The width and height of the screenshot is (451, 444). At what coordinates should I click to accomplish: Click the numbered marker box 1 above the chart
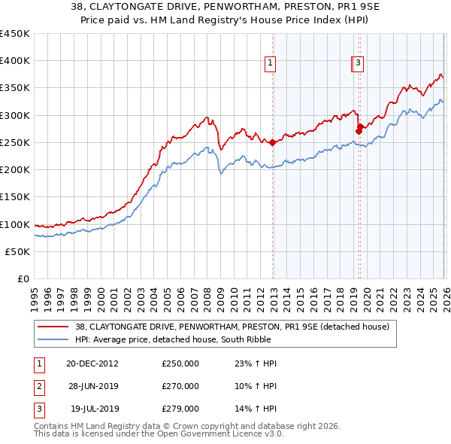(270, 64)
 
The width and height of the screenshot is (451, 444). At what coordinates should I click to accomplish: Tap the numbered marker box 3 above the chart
(359, 64)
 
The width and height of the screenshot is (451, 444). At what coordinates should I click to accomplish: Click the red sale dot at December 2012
(272, 142)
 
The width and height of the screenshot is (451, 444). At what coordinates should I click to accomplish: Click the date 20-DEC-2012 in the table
(92, 363)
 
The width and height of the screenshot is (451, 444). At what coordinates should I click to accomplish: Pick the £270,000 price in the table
(180, 386)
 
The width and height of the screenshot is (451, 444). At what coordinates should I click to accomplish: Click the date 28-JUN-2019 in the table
(92, 386)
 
